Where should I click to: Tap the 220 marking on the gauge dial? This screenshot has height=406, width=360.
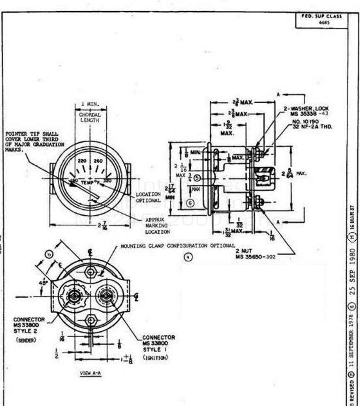point(82,160)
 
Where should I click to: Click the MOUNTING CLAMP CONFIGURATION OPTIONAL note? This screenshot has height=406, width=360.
point(178,246)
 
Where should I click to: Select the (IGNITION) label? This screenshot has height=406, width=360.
point(156,356)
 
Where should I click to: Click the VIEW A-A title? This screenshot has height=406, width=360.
point(90,373)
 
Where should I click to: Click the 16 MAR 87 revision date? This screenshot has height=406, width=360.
point(352,217)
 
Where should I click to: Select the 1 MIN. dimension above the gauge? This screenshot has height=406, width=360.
point(90,104)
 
